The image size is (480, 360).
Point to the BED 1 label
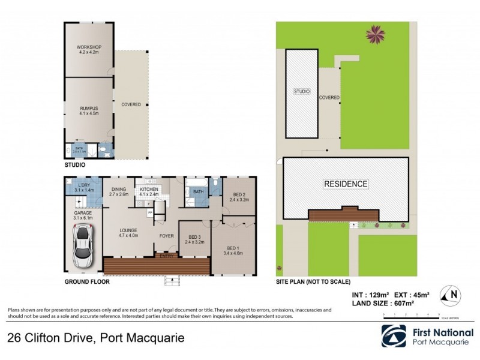point(235,248)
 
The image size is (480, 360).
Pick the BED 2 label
point(239,195)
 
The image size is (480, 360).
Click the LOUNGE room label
point(128,230)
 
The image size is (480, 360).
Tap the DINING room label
point(119,190)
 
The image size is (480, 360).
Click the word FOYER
point(166,236)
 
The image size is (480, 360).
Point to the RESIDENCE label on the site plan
point(346,184)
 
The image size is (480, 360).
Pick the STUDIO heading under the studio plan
point(75,164)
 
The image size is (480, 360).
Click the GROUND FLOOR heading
point(83,281)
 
